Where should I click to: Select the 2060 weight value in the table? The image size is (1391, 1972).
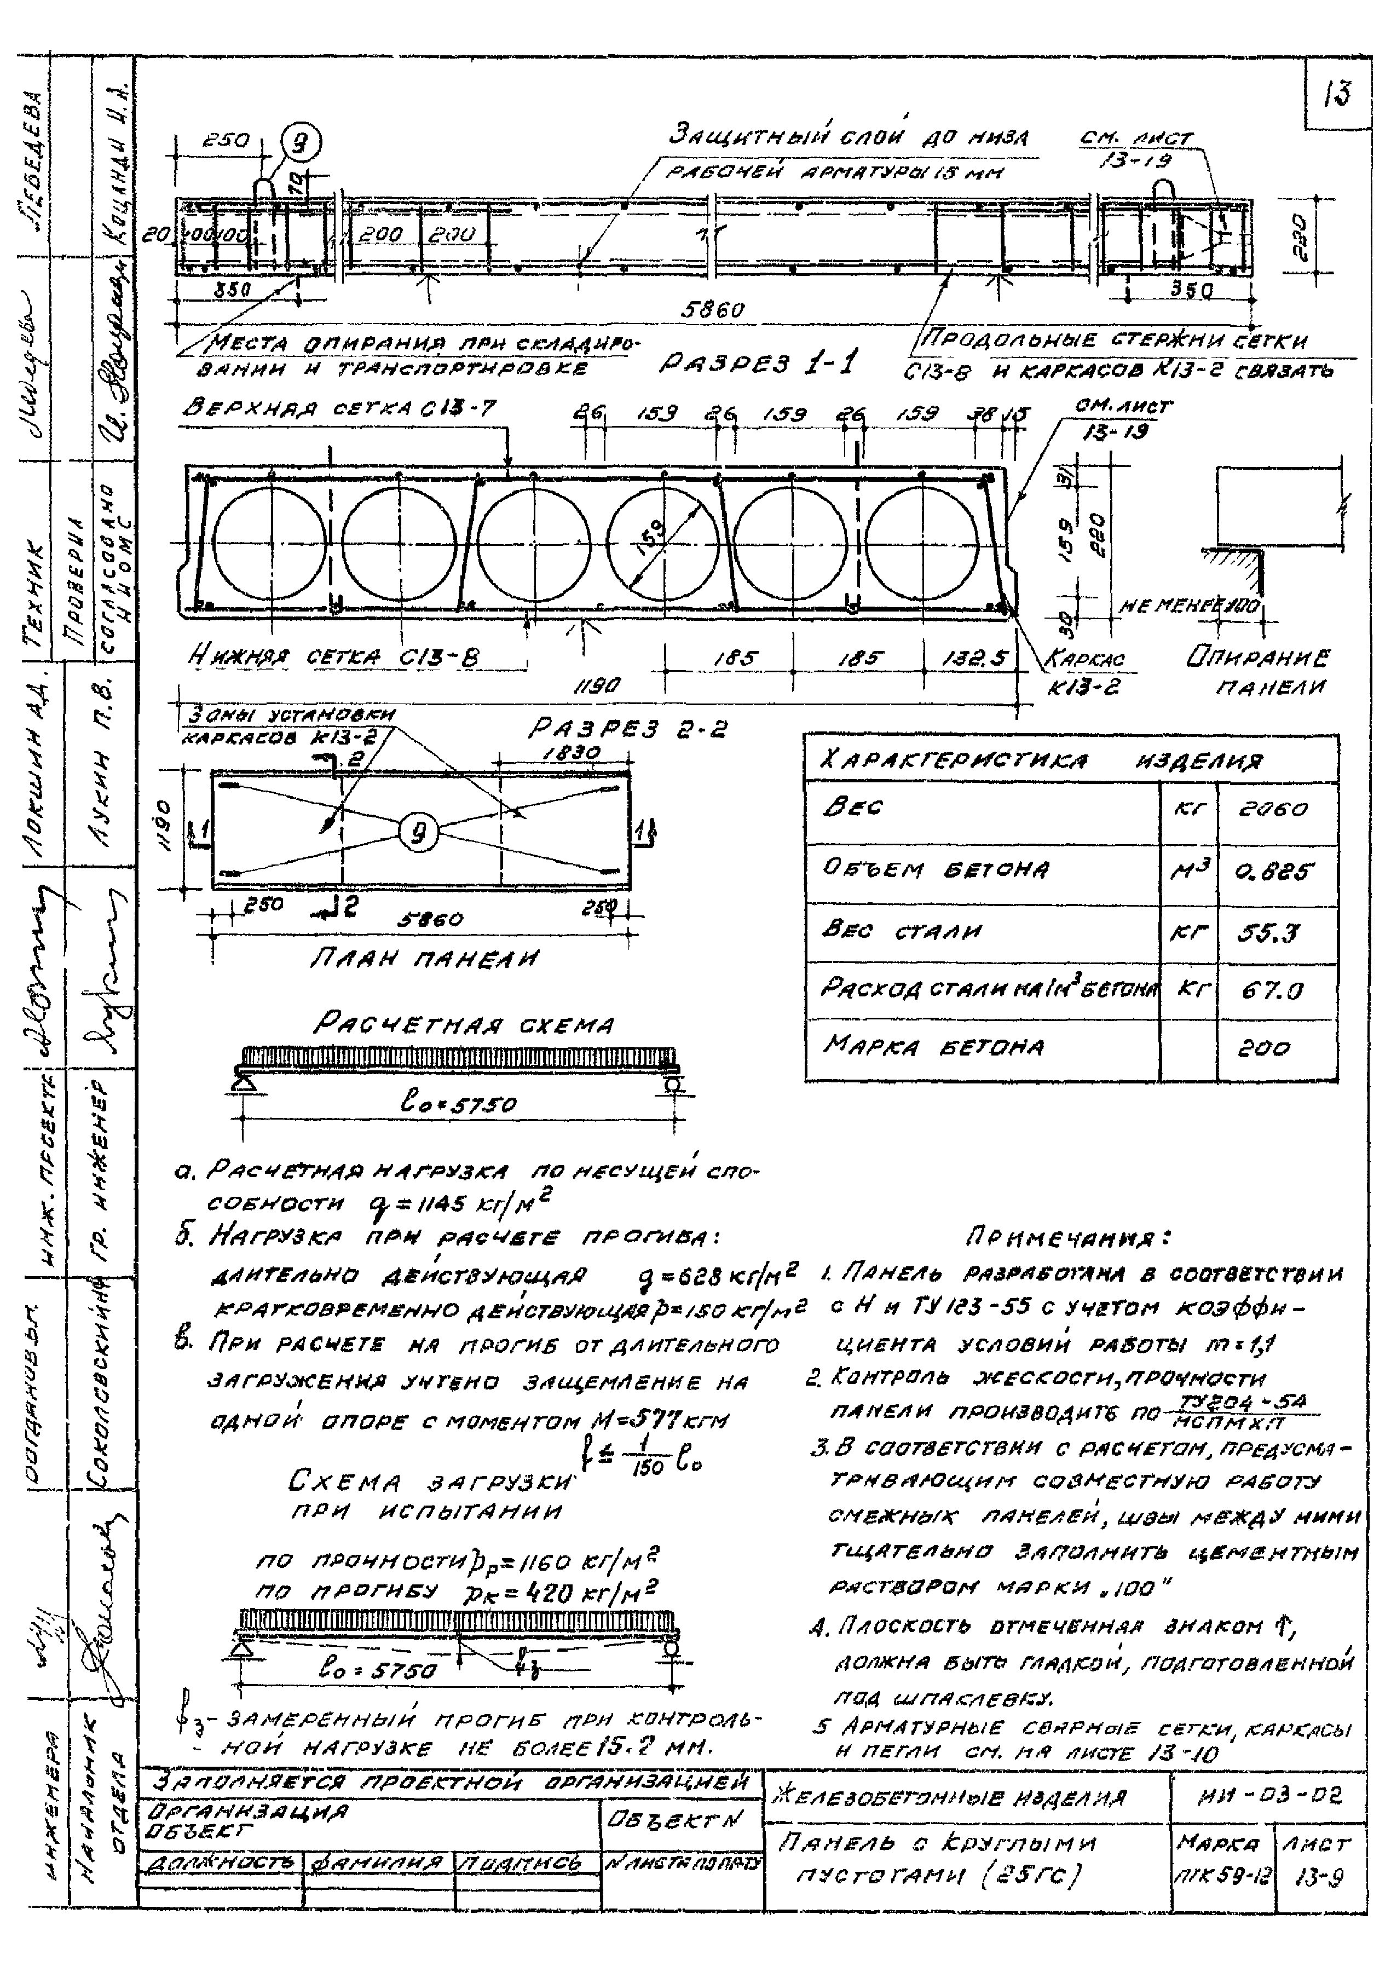coord(1274,809)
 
